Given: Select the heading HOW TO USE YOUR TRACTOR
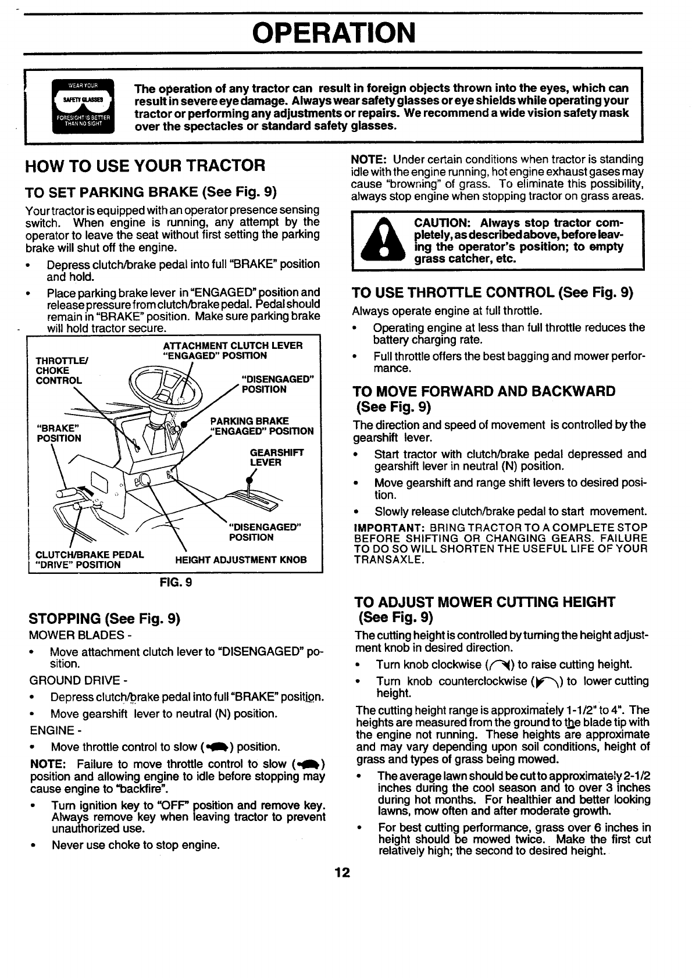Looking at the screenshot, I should (145, 166).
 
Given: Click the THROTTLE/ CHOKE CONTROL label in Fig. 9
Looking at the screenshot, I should (59, 371).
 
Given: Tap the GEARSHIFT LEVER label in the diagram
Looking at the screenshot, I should (269, 458).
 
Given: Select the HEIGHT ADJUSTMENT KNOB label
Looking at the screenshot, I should (240, 561).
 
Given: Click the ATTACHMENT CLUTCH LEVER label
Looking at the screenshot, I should (233, 345).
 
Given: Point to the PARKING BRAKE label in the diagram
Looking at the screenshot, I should (250, 421).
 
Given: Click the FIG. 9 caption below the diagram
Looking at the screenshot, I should (176, 582).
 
